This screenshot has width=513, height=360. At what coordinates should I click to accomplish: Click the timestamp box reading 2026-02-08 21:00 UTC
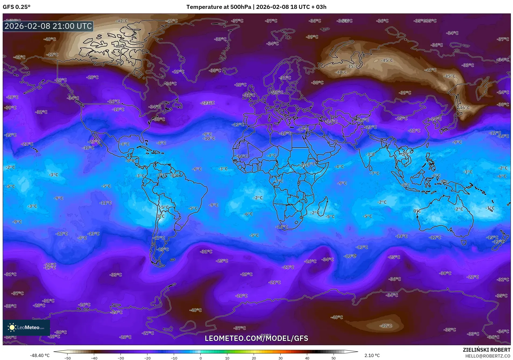click(48, 26)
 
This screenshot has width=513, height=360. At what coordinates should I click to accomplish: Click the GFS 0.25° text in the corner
click(17, 7)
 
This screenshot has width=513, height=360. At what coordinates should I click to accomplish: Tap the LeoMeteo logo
click(26, 327)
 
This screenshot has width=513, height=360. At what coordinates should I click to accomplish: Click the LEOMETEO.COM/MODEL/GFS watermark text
click(256, 338)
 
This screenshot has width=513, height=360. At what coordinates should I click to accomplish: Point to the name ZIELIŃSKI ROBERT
click(486, 350)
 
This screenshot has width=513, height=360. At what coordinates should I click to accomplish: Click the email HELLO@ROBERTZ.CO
click(487, 356)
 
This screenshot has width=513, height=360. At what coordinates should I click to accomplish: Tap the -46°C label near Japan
click(464, 108)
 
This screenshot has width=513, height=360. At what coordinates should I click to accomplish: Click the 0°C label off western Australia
click(417, 211)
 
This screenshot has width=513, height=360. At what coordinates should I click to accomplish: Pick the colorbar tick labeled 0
click(200, 358)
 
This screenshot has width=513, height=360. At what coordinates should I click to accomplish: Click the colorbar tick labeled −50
click(68, 358)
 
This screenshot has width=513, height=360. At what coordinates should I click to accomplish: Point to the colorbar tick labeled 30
click(280, 358)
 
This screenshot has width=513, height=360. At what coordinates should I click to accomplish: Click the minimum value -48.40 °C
click(40, 355)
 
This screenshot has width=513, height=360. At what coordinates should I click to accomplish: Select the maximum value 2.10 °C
click(372, 355)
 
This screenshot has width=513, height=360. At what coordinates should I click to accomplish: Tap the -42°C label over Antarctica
click(386, 326)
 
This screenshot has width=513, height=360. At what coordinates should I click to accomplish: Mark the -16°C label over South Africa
click(282, 227)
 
